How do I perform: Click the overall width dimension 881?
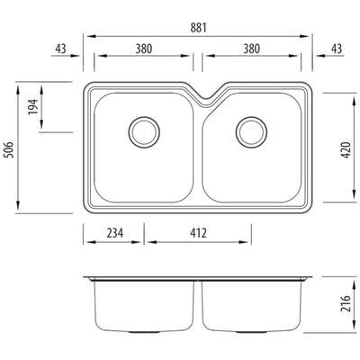click(198, 28)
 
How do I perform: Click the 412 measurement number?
click(198, 232)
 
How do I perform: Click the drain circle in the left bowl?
click(142, 131)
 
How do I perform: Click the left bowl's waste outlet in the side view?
click(142, 331)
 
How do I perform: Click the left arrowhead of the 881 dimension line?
click(86, 36)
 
